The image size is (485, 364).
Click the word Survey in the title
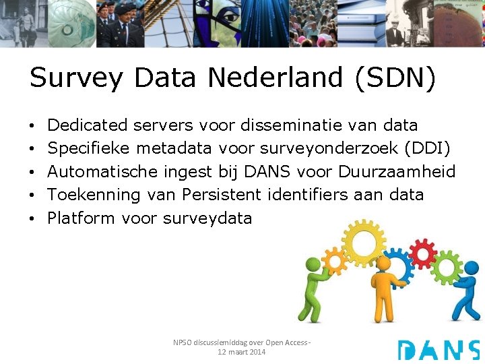click(76, 79)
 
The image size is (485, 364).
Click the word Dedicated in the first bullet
click(88, 125)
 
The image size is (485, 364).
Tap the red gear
click(422, 253)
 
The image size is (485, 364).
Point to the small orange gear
click(333, 260)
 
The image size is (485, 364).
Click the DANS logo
click(438, 350)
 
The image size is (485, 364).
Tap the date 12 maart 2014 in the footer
click(242, 352)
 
